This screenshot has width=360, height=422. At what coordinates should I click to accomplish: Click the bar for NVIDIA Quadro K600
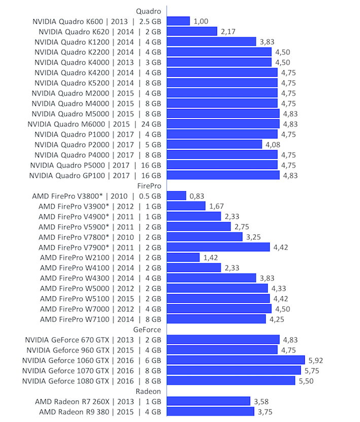coord(178,21)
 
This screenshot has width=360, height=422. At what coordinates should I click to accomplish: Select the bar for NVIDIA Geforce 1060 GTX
coord(236,360)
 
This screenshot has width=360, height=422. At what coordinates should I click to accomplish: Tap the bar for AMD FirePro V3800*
coord(176,196)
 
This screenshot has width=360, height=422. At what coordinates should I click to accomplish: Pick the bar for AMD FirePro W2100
coord(183,257)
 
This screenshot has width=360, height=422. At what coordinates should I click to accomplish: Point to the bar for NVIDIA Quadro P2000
coord(214,144)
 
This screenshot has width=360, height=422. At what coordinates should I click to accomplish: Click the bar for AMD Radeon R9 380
coord(210,411)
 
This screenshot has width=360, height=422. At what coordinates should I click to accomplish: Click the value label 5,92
coord(315,360)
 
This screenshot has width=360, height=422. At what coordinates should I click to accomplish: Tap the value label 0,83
coord(197,196)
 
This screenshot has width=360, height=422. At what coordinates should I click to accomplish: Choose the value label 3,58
coord(261,401)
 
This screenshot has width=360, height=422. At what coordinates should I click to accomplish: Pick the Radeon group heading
coord(149,391)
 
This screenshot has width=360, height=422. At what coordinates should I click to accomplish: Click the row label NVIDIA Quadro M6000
coord(94,124)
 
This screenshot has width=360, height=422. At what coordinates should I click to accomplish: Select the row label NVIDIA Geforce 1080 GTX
coord(92,380)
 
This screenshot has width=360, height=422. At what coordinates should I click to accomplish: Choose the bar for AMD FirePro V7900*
coord(219,247)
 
